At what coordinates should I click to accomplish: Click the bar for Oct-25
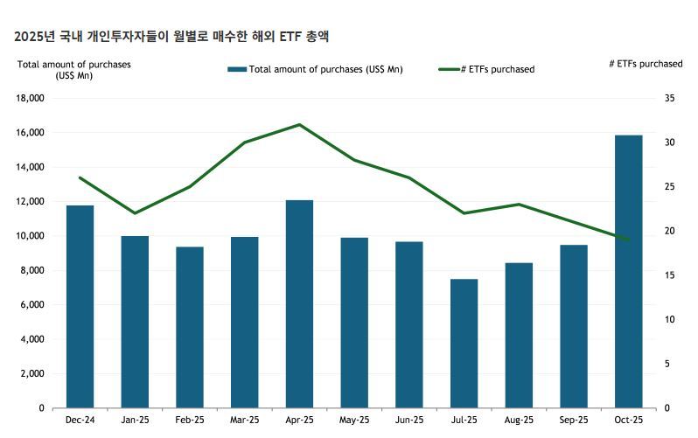[628, 271]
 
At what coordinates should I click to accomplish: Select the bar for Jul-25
[464, 343]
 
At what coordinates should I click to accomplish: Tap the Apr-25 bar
[299, 303]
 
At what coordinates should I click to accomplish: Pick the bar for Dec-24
[80, 306]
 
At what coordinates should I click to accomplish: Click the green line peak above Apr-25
[299, 125]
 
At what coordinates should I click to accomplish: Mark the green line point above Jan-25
[135, 213]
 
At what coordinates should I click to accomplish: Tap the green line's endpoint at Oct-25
[628, 240]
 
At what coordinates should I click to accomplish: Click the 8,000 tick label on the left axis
[31, 270]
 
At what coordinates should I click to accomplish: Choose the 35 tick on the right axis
[669, 99]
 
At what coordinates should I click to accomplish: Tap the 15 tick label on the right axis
[669, 275]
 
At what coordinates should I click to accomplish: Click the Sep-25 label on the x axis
[573, 421]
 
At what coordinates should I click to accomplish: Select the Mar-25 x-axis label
[244, 421]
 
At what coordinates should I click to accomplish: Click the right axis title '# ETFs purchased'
[646, 64]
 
